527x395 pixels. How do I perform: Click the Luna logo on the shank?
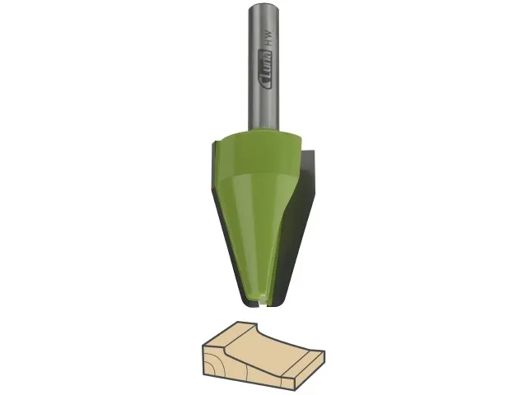[x=265, y=70]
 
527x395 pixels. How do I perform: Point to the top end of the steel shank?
[x=263, y=6]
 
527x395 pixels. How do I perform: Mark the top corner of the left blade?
[x=212, y=143]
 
